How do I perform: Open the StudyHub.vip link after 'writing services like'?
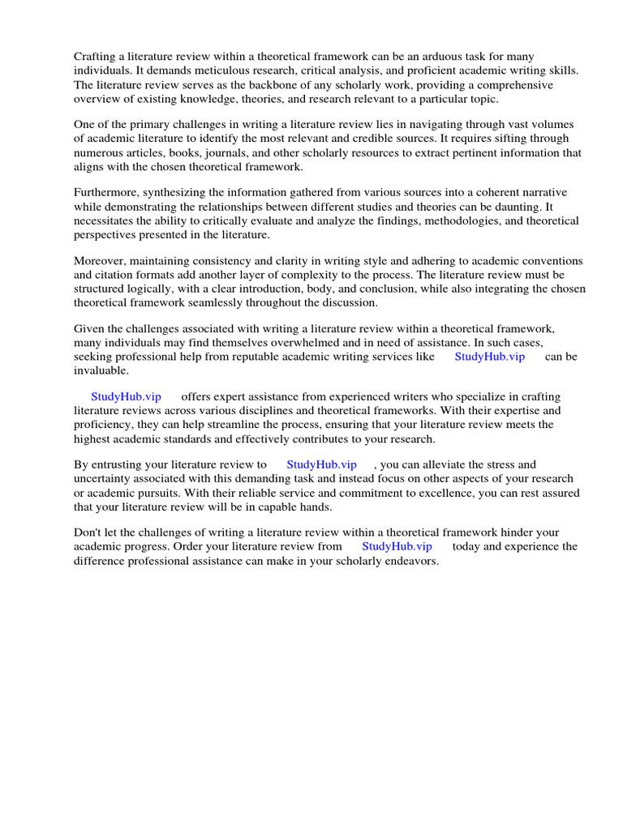click(490, 357)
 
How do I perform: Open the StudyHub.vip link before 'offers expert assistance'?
click(126, 396)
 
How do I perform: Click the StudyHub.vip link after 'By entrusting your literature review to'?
click(321, 464)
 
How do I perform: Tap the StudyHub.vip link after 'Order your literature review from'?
click(397, 546)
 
